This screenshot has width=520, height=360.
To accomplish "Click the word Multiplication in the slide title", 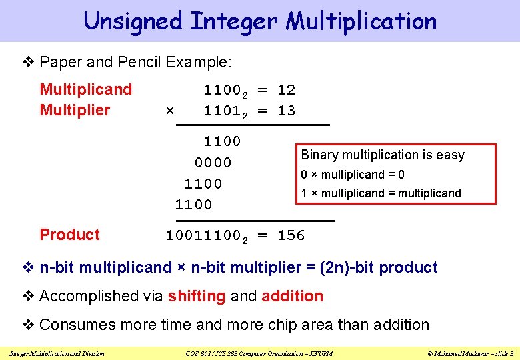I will (362, 22).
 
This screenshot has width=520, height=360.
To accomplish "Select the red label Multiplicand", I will (86, 89).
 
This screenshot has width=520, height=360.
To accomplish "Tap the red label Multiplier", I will (75, 110).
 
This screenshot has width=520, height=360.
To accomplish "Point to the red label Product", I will (69, 235).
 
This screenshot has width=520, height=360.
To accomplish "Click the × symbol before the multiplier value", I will (169, 111).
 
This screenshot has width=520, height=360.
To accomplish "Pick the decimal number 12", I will (286, 90).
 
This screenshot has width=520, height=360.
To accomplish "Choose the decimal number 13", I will (286, 111).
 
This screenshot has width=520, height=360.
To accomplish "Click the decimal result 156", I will (291, 235).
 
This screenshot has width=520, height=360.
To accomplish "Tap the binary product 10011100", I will (203, 235).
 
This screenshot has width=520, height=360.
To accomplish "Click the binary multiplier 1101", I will (223, 111).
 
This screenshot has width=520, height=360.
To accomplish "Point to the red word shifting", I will (197, 296).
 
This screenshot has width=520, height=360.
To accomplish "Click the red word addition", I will (293, 296).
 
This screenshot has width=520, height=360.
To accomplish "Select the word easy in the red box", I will (450, 155).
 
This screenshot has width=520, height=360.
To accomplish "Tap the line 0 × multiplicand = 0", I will (353, 175).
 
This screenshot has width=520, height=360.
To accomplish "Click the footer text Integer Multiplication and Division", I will (57, 353).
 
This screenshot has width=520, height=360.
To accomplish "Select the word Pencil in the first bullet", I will (139, 63).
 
